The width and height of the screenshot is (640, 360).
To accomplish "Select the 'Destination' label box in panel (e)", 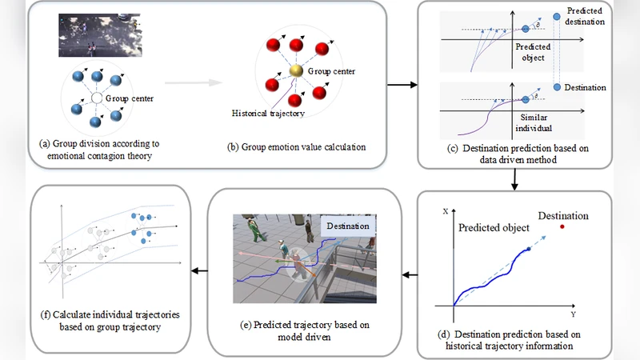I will (x=347, y=226).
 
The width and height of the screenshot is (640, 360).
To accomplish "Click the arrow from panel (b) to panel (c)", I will (x=402, y=84).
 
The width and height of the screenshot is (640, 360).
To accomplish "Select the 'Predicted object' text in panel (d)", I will (x=494, y=228).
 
